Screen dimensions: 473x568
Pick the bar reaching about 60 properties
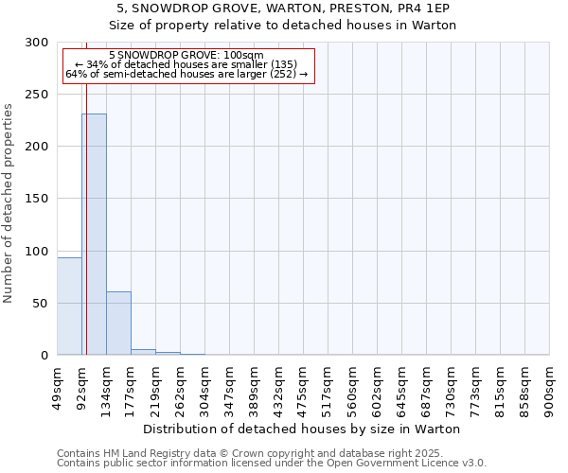click(118, 323)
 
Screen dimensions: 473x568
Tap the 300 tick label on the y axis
click(37, 43)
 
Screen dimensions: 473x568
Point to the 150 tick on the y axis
click(37, 199)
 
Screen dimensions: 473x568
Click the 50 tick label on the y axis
click(41, 304)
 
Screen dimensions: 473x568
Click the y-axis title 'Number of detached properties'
click(9, 203)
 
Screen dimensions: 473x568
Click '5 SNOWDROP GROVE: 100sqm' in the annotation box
click(186, 56)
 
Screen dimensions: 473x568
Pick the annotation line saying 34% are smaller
click(186, 64)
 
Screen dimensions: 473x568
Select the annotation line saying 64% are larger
click(186, 73)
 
